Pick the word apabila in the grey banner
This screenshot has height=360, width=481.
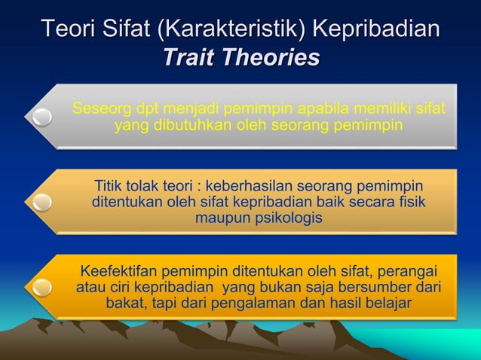(349, 109)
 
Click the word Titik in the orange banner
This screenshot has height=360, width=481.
(110, 186)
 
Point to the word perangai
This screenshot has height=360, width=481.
(407, 270)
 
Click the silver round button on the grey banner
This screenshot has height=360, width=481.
(41, 117)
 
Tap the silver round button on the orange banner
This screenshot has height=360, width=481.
(41, 202)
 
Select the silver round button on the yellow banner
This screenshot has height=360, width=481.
(41, 287)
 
